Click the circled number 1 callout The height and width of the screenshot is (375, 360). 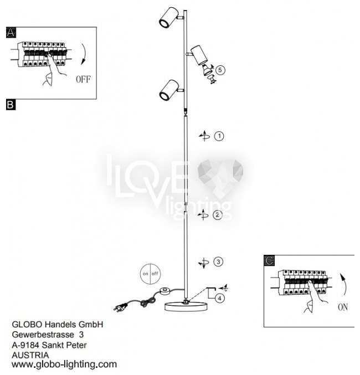pyautogui.click(x=219, y=136)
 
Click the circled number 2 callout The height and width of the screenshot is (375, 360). pyautogui.click(x=218, y=215)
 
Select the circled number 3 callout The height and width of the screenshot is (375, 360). pyautogui.click(x=219, y=261)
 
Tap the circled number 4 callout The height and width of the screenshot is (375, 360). pyautogui.click(x=220, y=298)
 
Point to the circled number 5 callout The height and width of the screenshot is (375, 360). pyautogui.click(x=220, y=70)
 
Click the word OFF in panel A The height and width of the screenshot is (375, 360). pyautogui.click(x=83, y=79)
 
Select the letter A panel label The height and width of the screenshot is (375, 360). pyautogui.click(x=11, y=33)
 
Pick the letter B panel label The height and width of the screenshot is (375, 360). pyautogui.click(x=11, y=104)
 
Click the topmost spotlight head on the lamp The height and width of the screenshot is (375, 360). pyautogui.click(x=168, y=18)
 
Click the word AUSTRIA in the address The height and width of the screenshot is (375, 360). pyautogui.click(x=30, y=355)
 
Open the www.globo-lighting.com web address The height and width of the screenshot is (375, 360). pyautogui.click(x=64, y=364)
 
